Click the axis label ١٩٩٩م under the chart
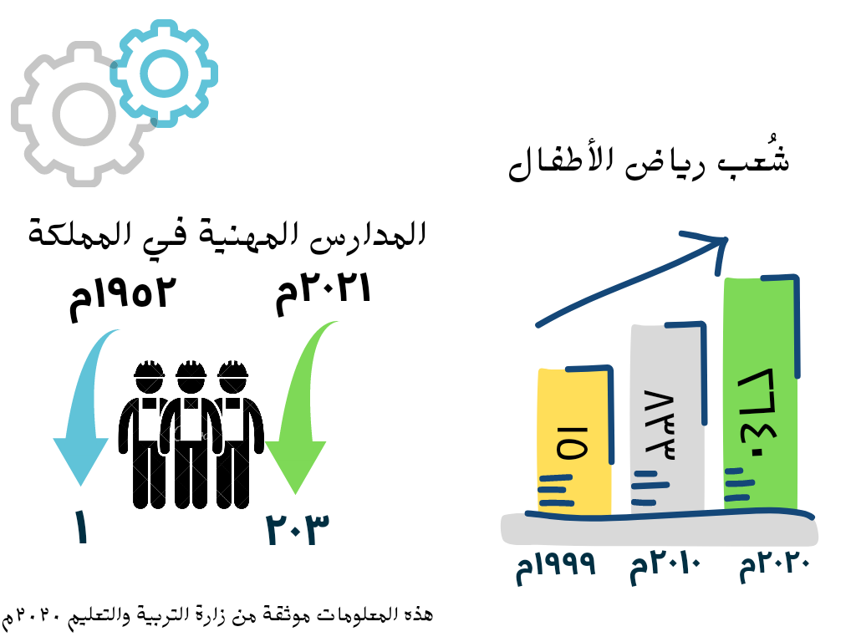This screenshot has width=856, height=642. tap(557, 568)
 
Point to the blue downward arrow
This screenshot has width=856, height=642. tap(84, 410)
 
